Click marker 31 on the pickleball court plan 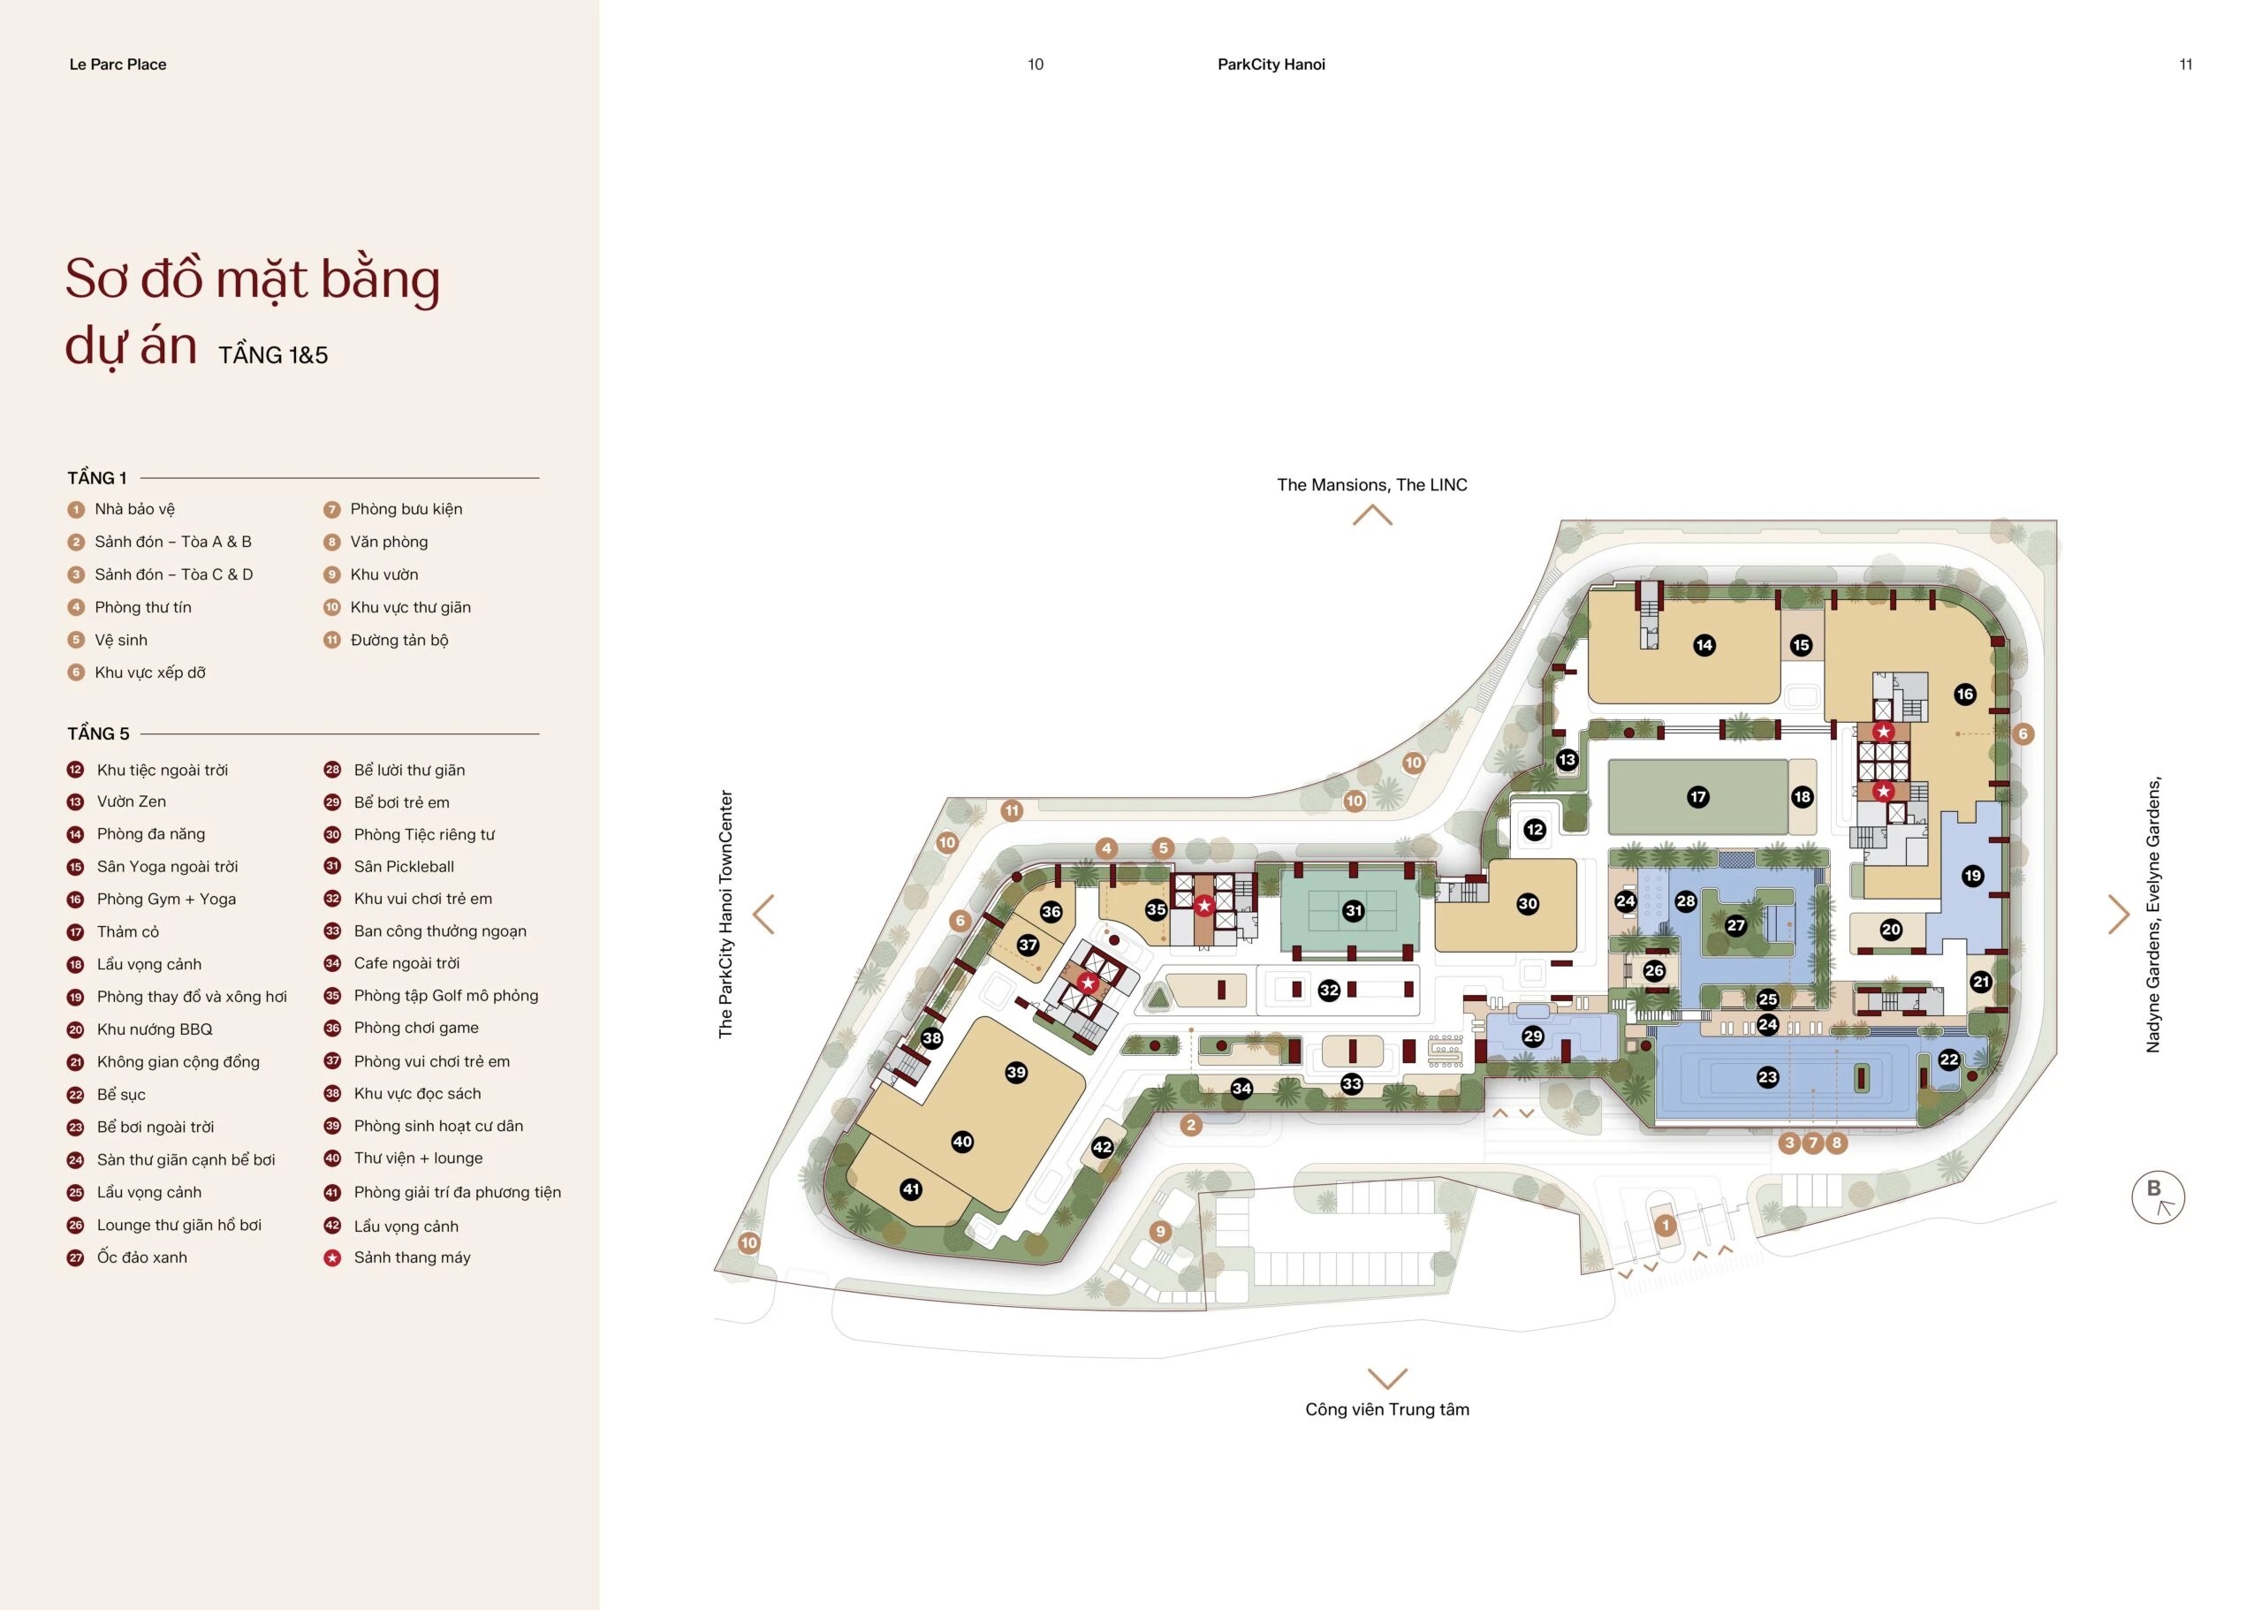coord(1353,910)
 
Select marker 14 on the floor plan coord(1704,645)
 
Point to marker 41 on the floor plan coord(911,1189)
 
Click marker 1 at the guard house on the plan coord(1666,1226)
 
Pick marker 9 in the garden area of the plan coord(1160,1233)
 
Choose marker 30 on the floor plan coord(1528,903)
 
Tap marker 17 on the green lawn coord(1698,796)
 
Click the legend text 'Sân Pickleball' coord(404,867)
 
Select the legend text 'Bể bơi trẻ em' coord(401,802)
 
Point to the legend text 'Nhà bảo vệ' coord(135,509)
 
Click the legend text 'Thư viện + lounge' coord(418,1158)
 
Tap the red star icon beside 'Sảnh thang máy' coord(332,1258)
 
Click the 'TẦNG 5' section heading coord(98,733)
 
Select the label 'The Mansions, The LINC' coord(1372,485)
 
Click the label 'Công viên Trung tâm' coord(1386,1409)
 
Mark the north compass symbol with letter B coord(2158,1197)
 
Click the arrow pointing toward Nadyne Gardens coord(2118,914)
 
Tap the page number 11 coord(2186,65)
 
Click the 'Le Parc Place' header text coord(118,65)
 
